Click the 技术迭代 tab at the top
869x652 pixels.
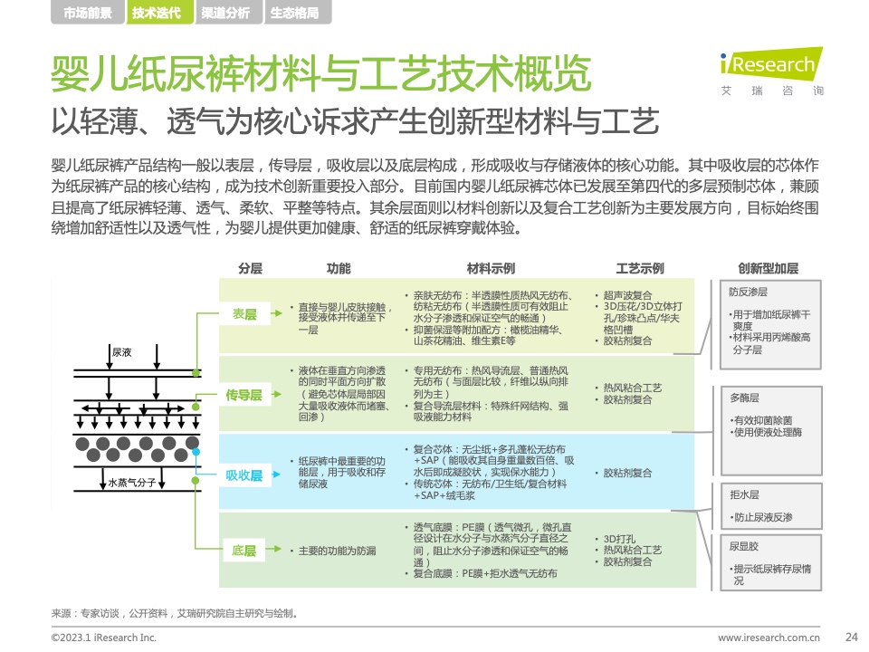[x=157, y=12]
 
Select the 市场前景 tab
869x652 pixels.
[x=88, y=12]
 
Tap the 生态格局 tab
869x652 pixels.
[x=294, y=12]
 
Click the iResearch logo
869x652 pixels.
[x=771, y=71]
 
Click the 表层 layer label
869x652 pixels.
[x=244, y=314]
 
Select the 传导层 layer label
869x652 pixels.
[x=244, y=395]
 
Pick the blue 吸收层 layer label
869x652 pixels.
[x=244, y=475]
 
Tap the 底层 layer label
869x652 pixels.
[x=244, y=551]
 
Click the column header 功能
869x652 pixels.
[x=338, y=268]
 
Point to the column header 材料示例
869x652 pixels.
[x=491, y=268]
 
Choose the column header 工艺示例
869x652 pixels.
[x=640, y=268]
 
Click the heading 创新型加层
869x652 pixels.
[x=769, y=268]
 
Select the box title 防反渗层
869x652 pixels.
[x=749, y=292]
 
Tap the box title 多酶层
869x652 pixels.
[x=744, y=398]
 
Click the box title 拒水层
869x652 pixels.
[x=744, y=494]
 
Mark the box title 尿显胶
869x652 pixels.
[x=744, y=546]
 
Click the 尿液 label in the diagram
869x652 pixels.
[x=122, y=352]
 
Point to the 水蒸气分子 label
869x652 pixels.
[x=132, y=483]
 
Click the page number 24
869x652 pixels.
[x=852, y=637]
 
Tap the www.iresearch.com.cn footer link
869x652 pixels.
[x=769, y=638]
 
